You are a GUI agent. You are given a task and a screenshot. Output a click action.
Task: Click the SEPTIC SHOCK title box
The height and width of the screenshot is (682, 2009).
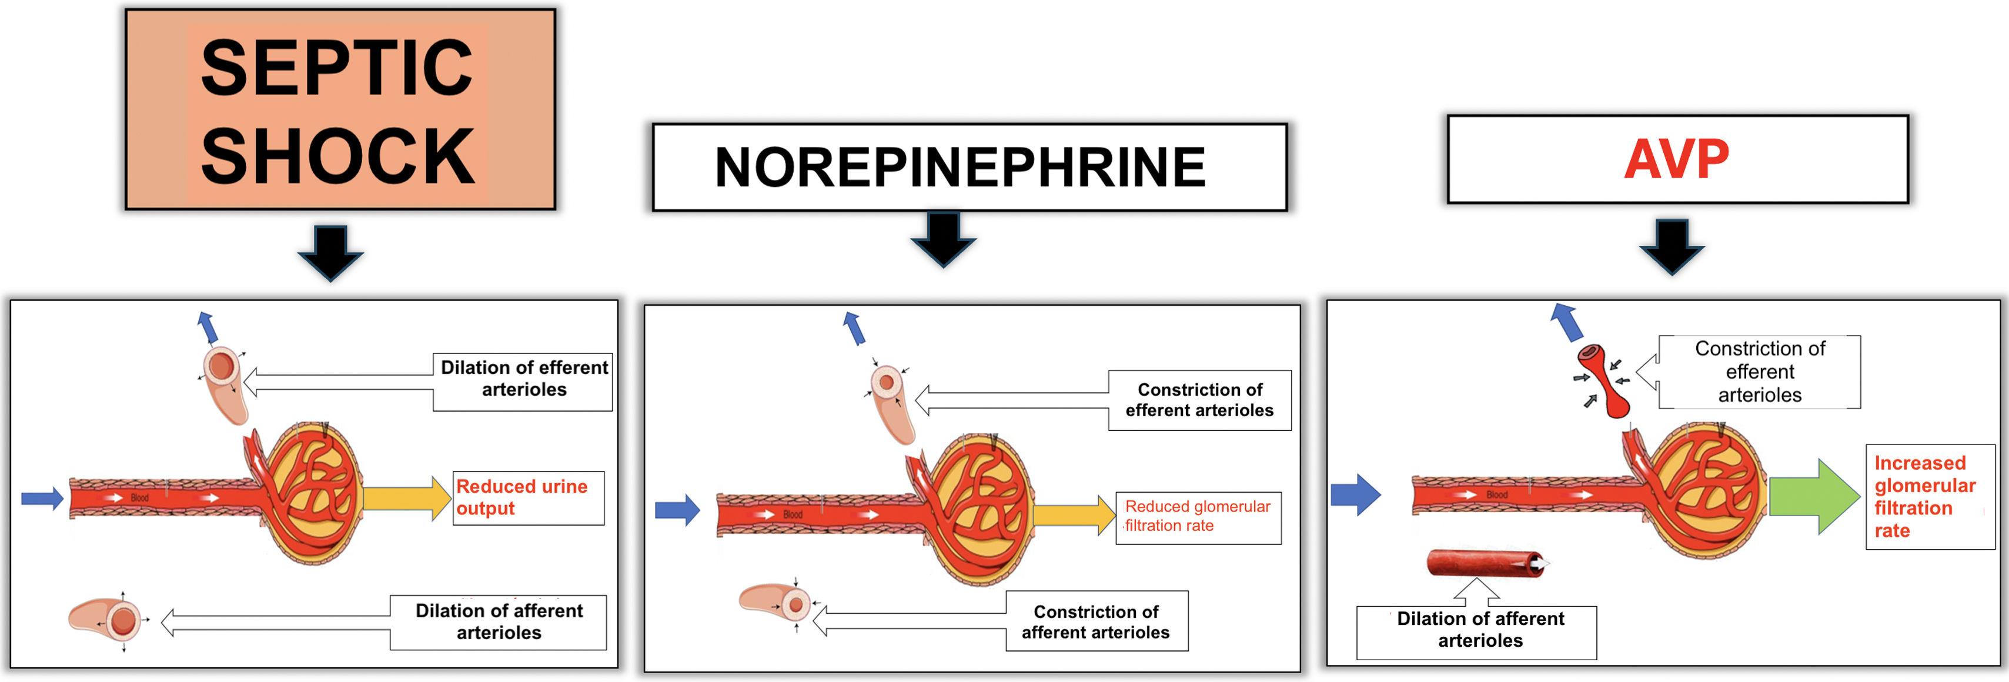340,109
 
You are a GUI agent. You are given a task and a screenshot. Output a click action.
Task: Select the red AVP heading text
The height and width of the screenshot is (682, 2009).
1676,159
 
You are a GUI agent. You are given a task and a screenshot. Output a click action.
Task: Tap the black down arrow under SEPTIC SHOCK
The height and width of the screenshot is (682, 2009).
330,251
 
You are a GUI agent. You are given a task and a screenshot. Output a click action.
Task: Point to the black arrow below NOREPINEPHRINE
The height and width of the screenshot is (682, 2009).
944,239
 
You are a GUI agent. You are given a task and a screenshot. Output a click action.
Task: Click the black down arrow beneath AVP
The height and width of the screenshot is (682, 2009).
1672,245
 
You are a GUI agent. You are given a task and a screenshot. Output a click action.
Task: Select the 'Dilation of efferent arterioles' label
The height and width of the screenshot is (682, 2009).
523,379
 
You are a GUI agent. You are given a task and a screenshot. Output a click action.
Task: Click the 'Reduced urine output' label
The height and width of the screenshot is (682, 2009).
528,497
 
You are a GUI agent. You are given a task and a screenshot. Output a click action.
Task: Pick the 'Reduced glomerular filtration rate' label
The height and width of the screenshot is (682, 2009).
1198,516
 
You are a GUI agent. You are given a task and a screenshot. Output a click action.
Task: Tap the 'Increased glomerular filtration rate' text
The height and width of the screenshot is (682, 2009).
1925,496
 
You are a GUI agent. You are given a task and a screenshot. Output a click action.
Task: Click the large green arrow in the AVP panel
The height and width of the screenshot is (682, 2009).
1813,496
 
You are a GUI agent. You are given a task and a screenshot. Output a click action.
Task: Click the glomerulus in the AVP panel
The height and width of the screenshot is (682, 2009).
1704,492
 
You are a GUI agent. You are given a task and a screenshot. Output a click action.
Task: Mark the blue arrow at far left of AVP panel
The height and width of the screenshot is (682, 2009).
1355,494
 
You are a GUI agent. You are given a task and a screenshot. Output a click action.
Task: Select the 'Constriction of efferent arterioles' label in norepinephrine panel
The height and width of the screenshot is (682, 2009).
1199,400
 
